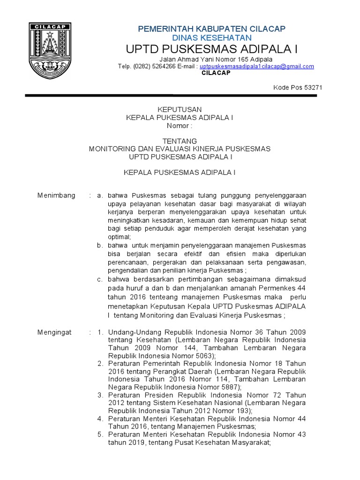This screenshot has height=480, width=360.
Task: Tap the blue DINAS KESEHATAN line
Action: (x=212, y=38)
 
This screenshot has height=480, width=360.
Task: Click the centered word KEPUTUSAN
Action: (x=180, y=109)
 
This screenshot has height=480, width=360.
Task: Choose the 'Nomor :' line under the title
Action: (x=179, y=126)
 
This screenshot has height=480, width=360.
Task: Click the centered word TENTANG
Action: (x=180, y=141)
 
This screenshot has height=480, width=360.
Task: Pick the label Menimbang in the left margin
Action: (x=56, y=195)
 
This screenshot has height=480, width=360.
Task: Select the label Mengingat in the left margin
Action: (x=54, y=332)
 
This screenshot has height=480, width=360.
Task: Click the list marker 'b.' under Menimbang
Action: (x=100, y=246)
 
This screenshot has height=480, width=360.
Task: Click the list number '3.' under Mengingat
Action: (x=100, y=395)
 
